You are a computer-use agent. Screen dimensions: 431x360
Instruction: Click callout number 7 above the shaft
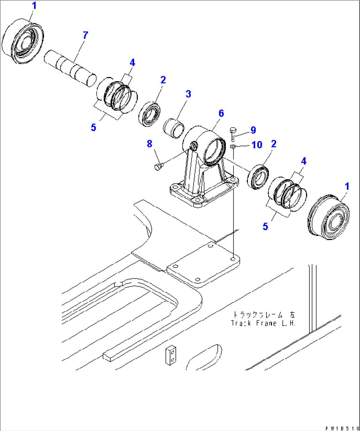[86, 35]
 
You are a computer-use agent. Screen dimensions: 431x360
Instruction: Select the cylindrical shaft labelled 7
[70, 68]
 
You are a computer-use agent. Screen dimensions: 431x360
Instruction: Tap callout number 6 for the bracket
[221, 114]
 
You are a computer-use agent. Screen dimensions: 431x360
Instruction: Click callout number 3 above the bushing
[188, 94]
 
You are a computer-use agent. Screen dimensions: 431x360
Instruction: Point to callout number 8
[150, 144]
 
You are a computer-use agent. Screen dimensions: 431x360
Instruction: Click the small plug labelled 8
[158, 166]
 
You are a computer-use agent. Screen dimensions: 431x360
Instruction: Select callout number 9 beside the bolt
[253, 130]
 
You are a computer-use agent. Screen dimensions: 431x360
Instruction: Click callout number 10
[257, 145]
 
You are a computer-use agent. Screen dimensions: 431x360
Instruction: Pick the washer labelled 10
[233, 146]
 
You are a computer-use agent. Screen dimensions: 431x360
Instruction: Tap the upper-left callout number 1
[34, 6]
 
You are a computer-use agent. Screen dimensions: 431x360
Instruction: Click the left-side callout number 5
[93, 127]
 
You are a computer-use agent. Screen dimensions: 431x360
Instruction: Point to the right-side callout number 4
[304, 161]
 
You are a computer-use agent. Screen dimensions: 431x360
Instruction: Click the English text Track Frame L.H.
[263, 323]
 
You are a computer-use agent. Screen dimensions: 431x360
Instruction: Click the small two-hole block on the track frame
[171, 355]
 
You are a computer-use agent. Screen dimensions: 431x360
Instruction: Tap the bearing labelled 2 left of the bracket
[150, 114]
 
